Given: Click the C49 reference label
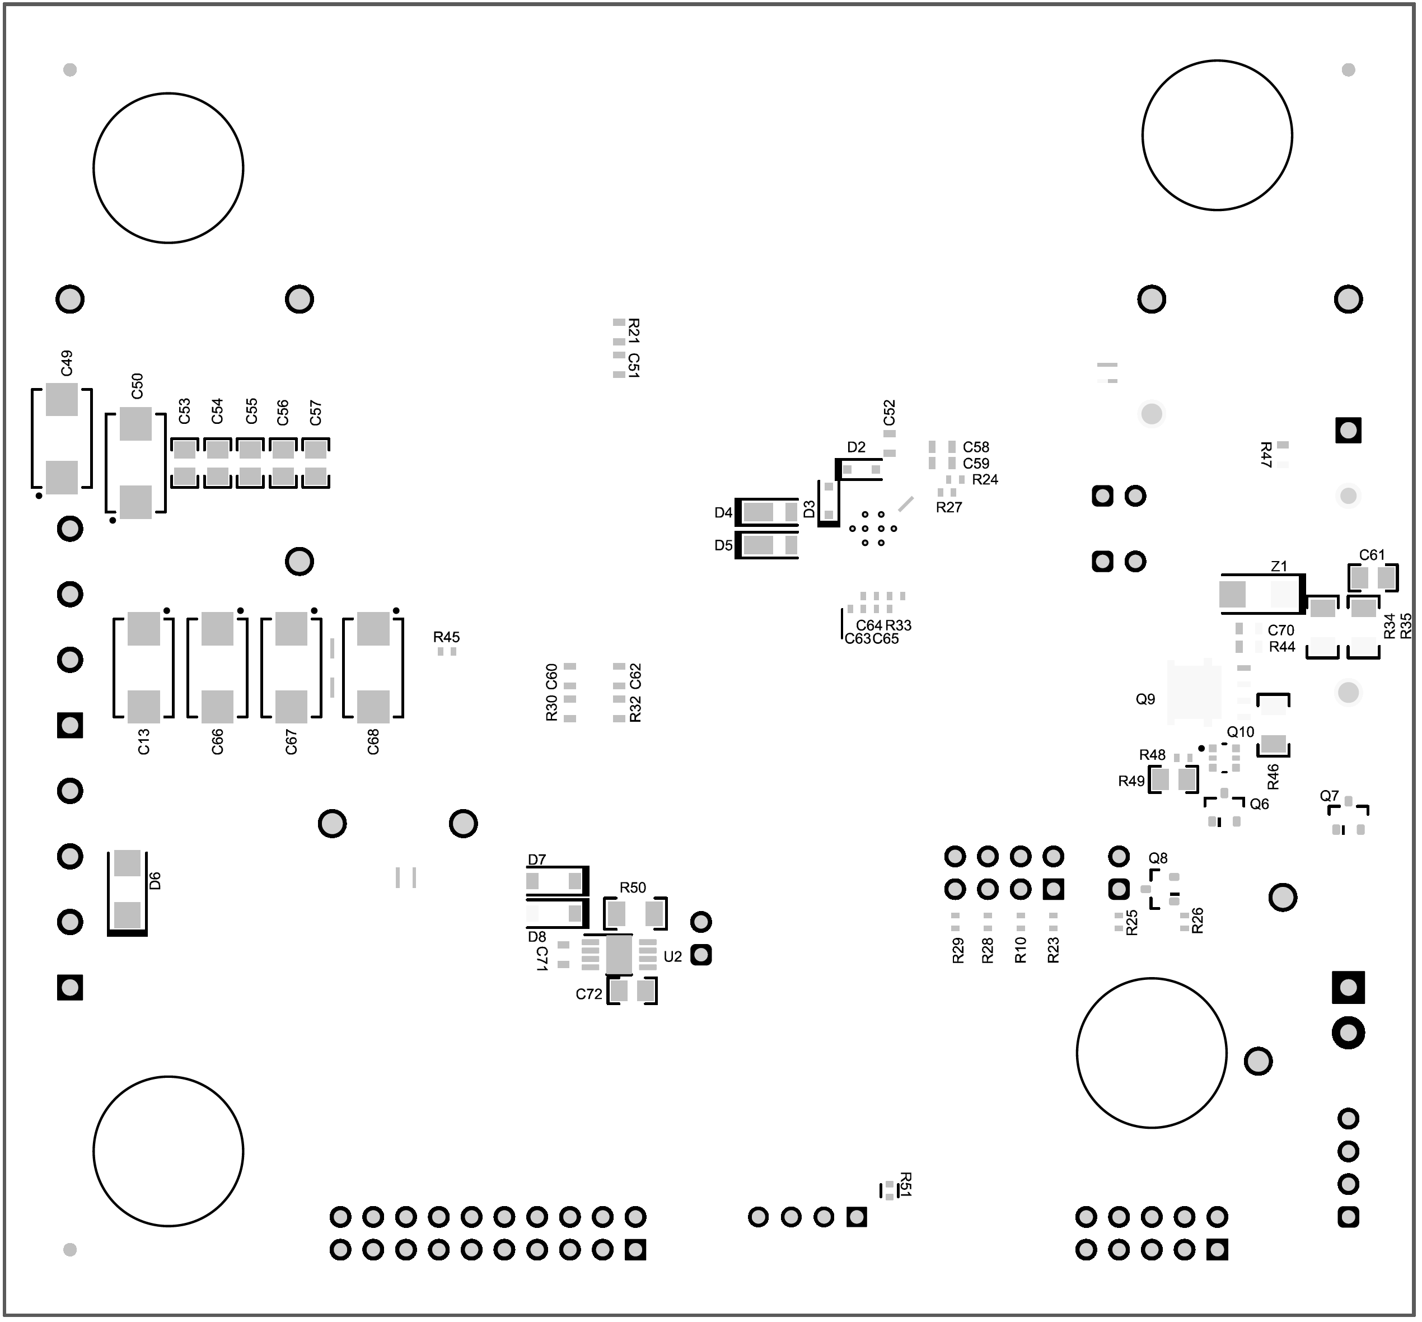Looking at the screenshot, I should [67, 363].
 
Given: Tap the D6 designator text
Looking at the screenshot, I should [155, 881].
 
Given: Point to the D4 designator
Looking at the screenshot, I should [723, 513].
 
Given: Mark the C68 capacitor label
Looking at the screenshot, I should [373, 742].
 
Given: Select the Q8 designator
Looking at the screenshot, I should [1158, 858].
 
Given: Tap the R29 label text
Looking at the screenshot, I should [958, 951].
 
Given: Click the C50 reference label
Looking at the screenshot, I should [137, 386].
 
